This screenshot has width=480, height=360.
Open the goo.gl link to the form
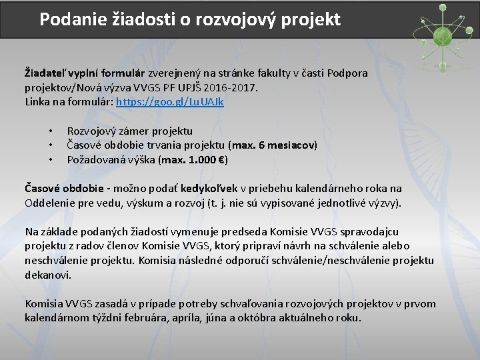coord(170,102)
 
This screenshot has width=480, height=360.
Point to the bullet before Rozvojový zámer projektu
coord(50,131)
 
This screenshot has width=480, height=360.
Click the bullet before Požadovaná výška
coord(50,160)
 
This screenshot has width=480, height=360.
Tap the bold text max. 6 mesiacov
coord(273,145)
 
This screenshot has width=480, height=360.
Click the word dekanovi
coord(47,275)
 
